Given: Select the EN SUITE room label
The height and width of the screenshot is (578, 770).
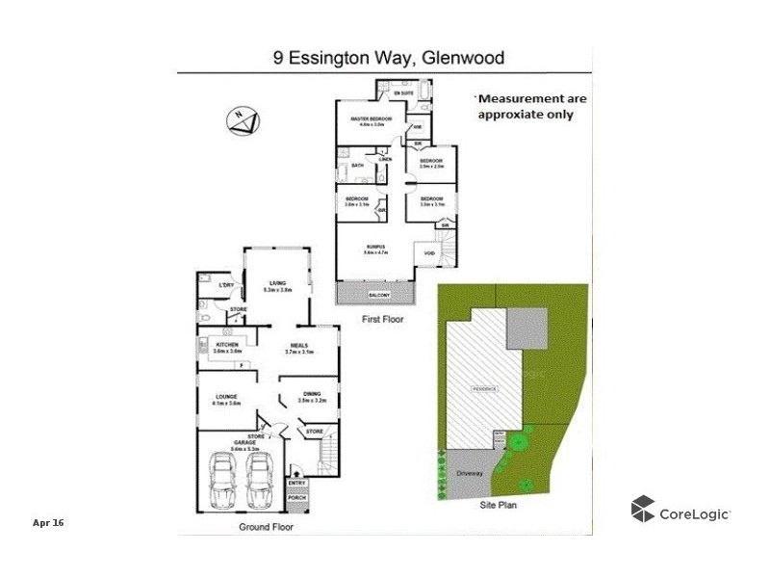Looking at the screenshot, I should [417, 92].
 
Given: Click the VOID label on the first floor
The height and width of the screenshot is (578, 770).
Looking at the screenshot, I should [428, 255].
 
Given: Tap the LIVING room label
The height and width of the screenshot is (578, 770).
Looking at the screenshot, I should [278, 283].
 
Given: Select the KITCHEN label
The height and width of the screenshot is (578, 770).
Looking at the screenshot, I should [227, 345].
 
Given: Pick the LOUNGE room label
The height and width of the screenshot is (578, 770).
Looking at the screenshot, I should [226, 396].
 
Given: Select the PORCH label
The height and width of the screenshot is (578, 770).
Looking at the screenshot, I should [296, 498].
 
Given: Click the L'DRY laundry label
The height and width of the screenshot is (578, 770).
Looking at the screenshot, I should [226, 285].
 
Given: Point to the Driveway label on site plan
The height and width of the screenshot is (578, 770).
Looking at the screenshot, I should [468, 474].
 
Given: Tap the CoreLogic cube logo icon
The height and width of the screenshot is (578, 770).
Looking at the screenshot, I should [643, 510].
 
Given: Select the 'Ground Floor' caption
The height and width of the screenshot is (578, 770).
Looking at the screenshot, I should [266, 528].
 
